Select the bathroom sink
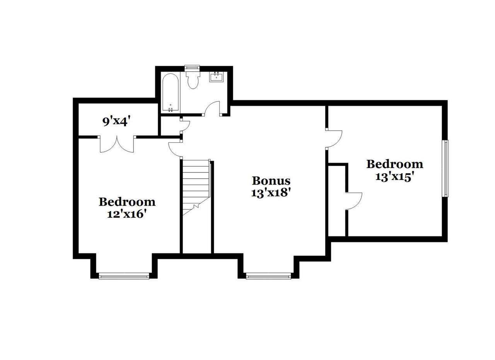216,77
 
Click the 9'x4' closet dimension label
115,121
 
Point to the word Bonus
271,181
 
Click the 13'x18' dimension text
271,193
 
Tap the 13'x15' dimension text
394,176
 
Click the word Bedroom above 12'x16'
127,201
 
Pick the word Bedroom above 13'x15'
394,164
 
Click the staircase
196,186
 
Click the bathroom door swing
212,109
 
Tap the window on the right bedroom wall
445,168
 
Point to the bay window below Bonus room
268,276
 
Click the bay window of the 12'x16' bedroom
124,276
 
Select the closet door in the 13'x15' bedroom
353,201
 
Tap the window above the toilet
192,68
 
